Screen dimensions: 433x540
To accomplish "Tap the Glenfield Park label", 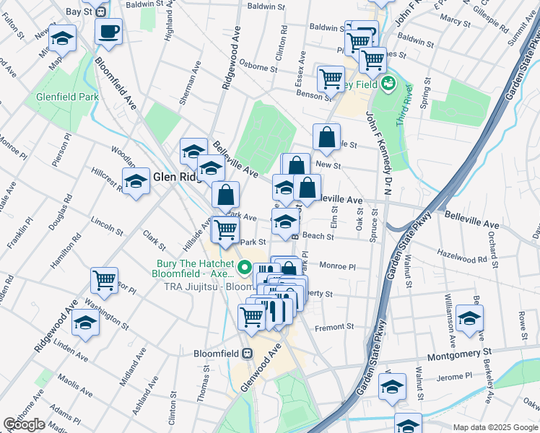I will point(68,97).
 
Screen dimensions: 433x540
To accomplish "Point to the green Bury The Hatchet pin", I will point(245,268).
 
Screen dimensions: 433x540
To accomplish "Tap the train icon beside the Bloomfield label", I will point(248,354).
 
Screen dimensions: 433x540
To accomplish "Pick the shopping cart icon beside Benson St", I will point(331,78).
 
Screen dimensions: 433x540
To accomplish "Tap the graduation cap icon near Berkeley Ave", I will point(470,318).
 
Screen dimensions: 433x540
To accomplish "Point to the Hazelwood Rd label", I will point(463,255).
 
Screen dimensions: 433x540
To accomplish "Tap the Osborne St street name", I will point(258,66).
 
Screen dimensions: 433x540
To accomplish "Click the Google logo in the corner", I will point(25,425).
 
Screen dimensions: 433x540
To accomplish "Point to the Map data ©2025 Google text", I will point(495,427).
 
